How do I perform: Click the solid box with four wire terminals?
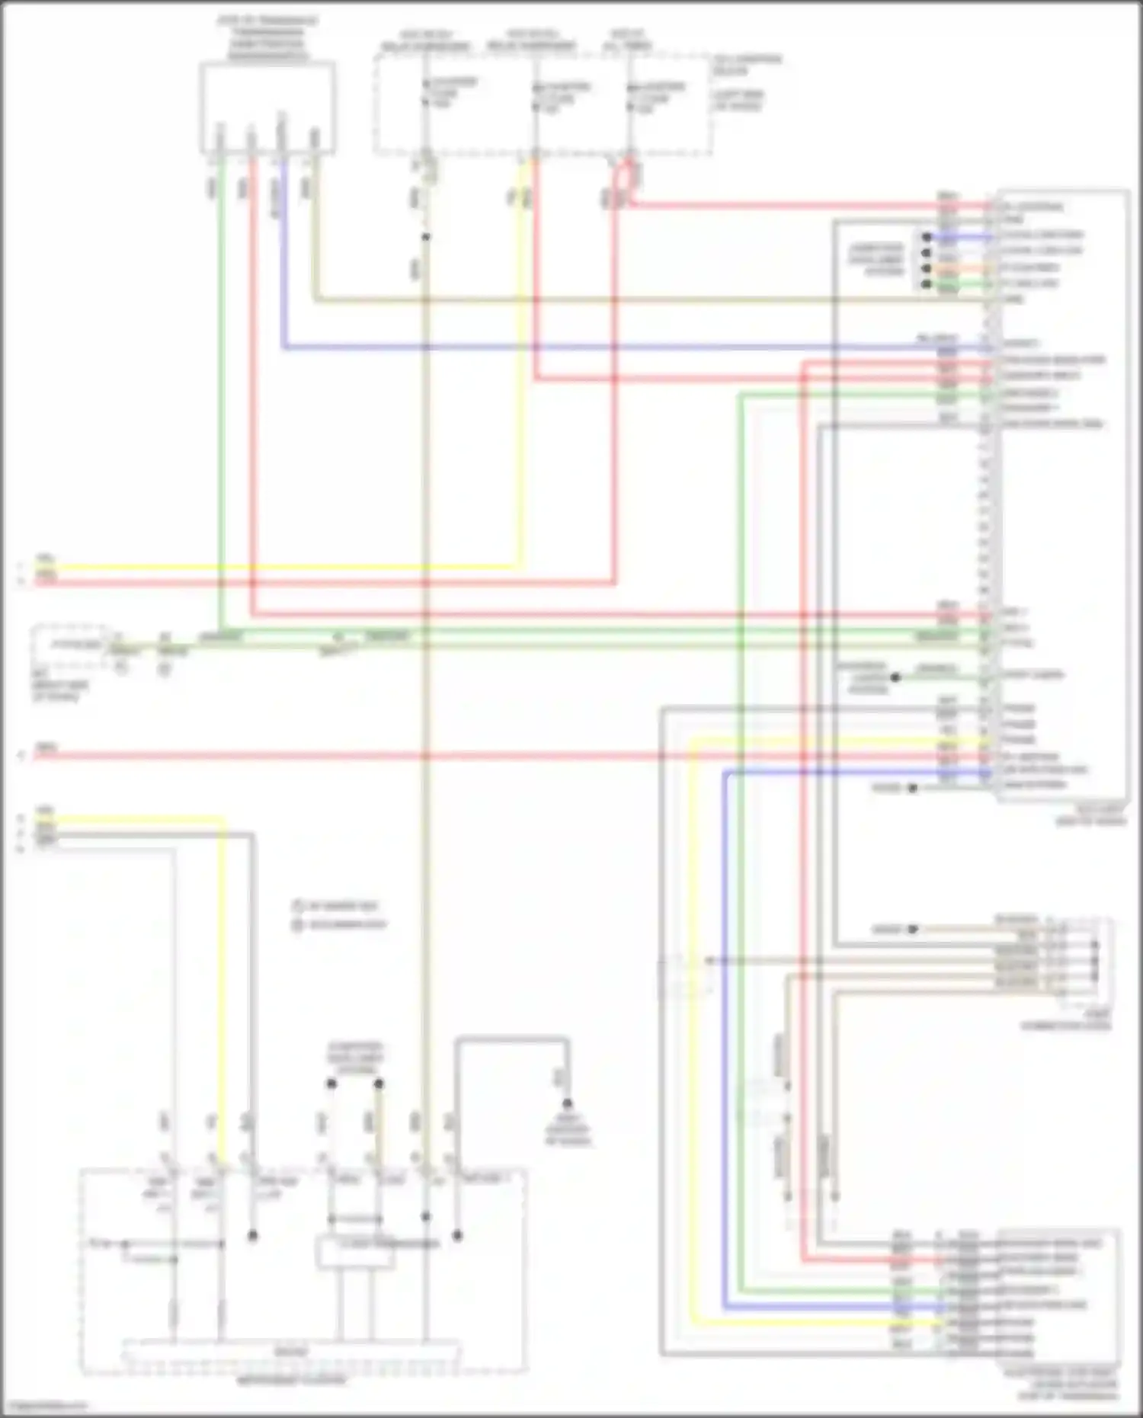pyautogui.click(x=267, y=107)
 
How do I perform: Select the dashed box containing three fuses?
pyautogui.click(x=543, y=103)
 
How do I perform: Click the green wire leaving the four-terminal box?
pyautogui.click(x=221, y=381)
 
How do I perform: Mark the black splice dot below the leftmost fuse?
pyautogui.click(x=426, y=237)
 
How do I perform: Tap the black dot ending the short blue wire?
pyautogui.click(x=927, y=237)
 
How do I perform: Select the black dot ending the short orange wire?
pyautogui.click(x=927, y=269)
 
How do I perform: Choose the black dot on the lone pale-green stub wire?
pyautogui.click(x=896, y=677)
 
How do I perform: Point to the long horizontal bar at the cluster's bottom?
pyautogui.click(x=291, y=1352)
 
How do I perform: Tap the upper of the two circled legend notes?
pyautogui.click(x=297, y=906)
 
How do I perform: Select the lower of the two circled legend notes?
pyautogui.click(x=297, y=924)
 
